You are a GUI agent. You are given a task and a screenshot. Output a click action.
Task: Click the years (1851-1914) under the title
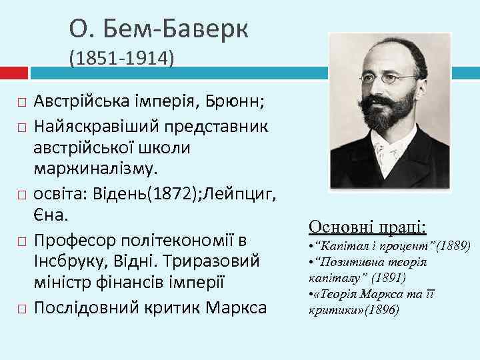[121, 60]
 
